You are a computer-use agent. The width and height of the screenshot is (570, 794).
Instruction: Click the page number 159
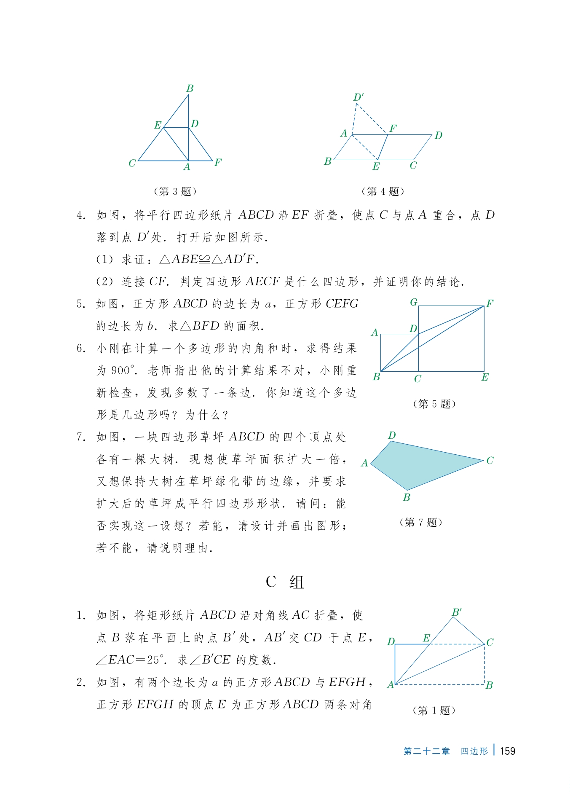[507, 751]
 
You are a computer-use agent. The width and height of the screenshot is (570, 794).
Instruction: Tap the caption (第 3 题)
[175, 191]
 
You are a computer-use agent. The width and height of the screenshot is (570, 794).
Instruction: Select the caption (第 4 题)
[383, 191]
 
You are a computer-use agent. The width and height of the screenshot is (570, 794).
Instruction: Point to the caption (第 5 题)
[434, 404]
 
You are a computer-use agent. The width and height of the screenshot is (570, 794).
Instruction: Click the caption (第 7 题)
[420, 522]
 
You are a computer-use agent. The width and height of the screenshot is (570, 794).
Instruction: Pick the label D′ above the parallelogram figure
[358, 97]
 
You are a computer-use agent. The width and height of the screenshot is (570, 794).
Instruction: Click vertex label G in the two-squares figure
[414, 302]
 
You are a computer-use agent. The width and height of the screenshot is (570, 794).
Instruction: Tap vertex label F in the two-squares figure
[490, 303]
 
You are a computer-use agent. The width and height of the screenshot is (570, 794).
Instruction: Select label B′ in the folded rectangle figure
[457, 612]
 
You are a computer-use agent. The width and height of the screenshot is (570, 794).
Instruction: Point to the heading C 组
[285, 582]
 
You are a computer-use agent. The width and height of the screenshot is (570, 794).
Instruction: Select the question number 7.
[81, 437]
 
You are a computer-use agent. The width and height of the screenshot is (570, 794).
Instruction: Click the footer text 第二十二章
[426, 751]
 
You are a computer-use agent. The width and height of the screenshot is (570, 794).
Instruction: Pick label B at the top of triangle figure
[190, 89]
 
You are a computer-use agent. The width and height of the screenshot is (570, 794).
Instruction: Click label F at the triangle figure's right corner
[218, 162]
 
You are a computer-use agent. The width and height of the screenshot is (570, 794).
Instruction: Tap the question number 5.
[81, 304]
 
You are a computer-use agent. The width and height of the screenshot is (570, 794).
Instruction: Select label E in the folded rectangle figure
[426, 638]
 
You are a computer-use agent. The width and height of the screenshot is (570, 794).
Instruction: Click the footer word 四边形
[474, 751]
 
